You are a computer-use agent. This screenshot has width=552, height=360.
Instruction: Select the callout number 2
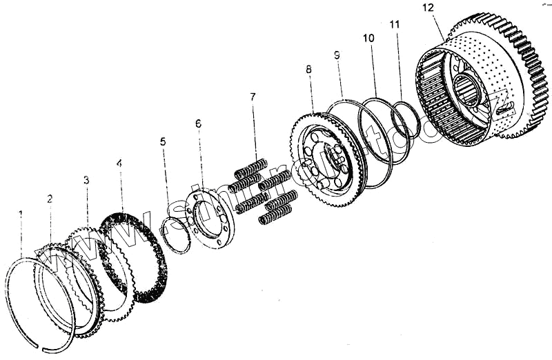click(x=50, y=199)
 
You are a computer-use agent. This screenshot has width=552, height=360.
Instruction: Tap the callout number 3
click(x=86, y=181)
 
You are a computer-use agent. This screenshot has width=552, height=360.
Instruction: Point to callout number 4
click(x=119, y=164)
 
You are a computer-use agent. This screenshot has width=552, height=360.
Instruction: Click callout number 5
click(x=163, y=141)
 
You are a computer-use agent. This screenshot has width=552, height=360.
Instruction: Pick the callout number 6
click(x=198, y=123)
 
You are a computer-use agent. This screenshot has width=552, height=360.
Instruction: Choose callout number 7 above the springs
click(x=253, y=97)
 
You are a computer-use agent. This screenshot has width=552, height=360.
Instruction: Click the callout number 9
click(x=337, y=54)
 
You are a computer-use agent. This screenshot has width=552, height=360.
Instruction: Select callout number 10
click(x=368, y=39)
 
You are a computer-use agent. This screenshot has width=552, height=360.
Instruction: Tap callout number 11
click(x=395, y=23)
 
